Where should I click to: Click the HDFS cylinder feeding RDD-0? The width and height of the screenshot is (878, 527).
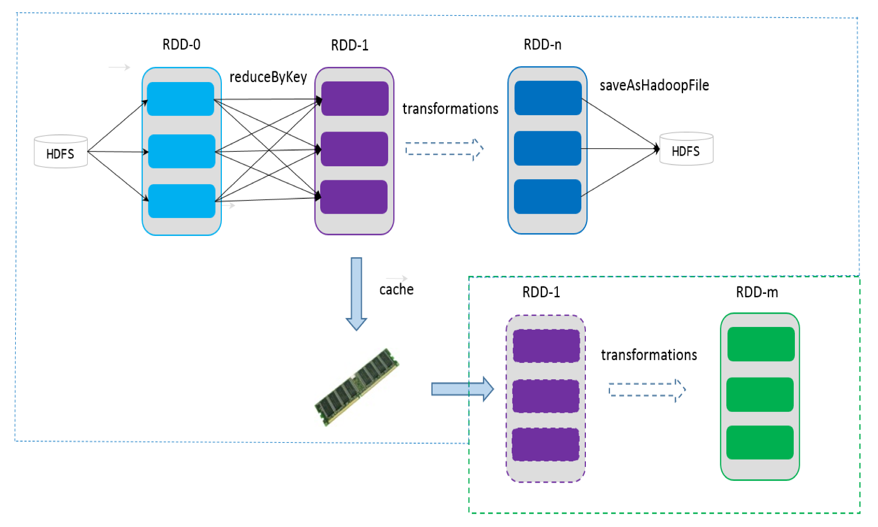pos(61,152)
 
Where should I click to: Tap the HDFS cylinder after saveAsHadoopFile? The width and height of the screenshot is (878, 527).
pos(686,149)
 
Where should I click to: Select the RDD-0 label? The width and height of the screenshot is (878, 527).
pos(181,45)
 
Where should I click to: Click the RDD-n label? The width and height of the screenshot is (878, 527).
pos(542,45)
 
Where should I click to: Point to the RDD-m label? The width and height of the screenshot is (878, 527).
pos(757,293)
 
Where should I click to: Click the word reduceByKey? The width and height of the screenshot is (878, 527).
pos(268,77)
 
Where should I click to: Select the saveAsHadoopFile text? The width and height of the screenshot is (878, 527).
pos(654,85)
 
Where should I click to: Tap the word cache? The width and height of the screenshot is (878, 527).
pos(396,290)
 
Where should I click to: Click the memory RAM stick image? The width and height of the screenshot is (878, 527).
pos(357,387)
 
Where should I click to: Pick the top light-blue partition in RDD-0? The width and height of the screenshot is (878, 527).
pos(180,99)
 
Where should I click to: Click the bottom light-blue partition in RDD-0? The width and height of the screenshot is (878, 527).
pos(181,201)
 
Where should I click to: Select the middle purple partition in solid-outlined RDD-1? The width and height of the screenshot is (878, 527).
pos(354,149)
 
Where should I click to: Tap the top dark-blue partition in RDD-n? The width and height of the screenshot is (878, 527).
pos(548,98)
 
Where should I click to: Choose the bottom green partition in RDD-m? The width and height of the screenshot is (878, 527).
pos(759,442)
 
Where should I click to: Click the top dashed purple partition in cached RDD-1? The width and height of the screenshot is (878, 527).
pos(546,346)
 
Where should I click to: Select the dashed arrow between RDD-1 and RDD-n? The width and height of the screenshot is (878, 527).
pos(444,149)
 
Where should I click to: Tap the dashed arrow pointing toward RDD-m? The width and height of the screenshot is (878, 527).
pos(647,390)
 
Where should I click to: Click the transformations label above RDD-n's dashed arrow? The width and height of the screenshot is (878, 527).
pos(450,109)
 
